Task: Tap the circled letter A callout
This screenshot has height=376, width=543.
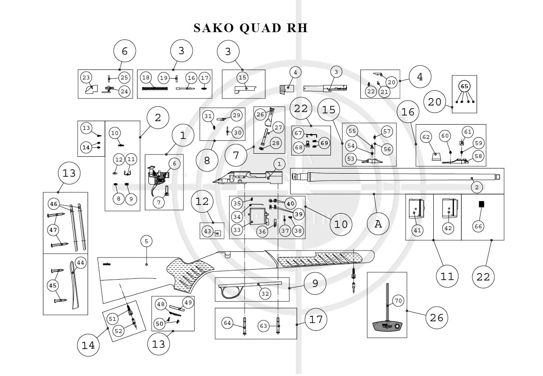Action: (x=378, y=224)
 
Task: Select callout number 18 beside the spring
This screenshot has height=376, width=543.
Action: (x=146, y=78)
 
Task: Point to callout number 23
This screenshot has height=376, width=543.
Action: (x=86, y=78)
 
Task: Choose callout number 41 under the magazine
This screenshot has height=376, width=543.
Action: (x=417, y=231)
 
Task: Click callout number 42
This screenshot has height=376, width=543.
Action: (x=448, y=228)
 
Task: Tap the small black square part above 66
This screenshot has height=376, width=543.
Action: (x=481, y=204)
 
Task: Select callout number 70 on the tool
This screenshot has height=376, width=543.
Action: (x=398, y=300)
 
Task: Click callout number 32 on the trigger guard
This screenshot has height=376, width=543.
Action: (x=265, y=294)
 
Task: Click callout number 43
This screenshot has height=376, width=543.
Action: (x=208, y=231)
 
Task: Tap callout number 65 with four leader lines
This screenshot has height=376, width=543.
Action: (x=464, y=86)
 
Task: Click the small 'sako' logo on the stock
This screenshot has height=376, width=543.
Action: (x=107, y=263)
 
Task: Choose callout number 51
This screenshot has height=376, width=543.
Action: (x=113, y=319)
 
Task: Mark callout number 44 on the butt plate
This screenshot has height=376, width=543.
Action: (x=80, y=263)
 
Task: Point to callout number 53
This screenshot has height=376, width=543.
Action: (x=350, y=159)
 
